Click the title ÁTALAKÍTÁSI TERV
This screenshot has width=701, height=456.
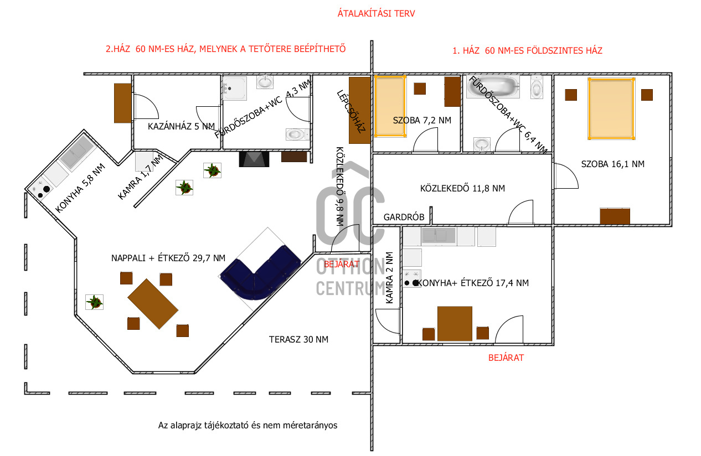point(376,13)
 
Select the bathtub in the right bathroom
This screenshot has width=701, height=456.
point(493,87)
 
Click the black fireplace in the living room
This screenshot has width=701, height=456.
point(254,159)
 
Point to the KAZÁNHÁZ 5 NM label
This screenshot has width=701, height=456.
point(181,126)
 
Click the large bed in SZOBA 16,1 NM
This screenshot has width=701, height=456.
point(611,108)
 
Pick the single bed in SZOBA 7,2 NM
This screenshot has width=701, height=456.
point(390,106)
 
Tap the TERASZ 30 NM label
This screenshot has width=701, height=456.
point(298,339)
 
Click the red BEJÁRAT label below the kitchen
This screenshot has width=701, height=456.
point(506,358)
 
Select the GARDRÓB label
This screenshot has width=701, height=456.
point(404,217)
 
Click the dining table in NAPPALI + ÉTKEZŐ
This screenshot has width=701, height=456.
point(153,304)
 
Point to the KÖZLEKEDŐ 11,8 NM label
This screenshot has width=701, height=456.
point(462,188)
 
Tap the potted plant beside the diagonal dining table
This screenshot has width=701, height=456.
point(95,302)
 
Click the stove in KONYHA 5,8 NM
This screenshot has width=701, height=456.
point(39,189)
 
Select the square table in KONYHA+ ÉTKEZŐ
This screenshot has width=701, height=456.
point(455,324)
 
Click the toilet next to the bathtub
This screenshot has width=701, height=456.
point(537,87)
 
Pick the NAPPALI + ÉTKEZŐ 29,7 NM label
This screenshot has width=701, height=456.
point(168,258)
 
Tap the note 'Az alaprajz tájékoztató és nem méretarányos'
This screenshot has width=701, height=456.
point(248,426)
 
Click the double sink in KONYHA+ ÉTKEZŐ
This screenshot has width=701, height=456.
point(439,236)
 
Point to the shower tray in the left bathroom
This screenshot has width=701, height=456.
point(234,89)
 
